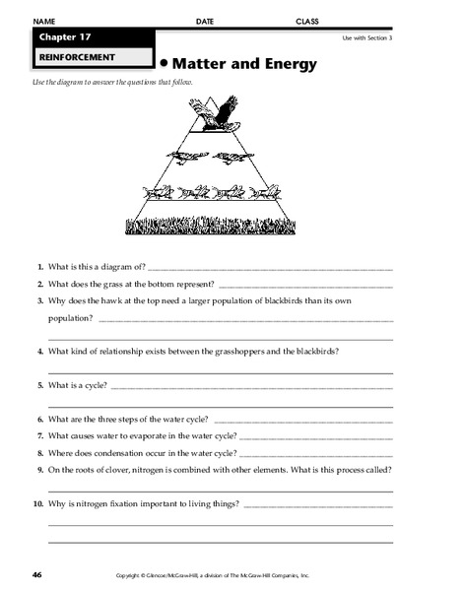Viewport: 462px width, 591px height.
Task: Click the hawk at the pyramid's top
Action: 220,112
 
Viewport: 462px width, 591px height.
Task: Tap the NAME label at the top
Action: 43,21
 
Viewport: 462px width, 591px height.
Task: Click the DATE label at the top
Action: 205,21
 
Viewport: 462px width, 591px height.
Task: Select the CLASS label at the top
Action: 308,21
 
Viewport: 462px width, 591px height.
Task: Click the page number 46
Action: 36,574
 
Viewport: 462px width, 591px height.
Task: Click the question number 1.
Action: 38,267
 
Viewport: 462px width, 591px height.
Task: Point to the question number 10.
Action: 37,503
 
